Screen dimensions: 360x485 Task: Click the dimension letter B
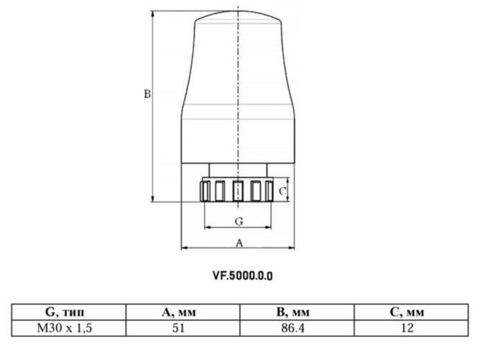[147, 93]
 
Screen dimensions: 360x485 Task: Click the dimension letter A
[239, 242]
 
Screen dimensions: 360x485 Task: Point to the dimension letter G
[238, 222]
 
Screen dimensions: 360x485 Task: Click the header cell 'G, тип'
[69, 312]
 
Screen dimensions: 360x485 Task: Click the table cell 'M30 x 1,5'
[69, 327]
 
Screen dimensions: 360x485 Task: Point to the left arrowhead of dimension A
[184, 248]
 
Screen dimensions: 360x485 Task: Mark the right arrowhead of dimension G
[267, 228]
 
